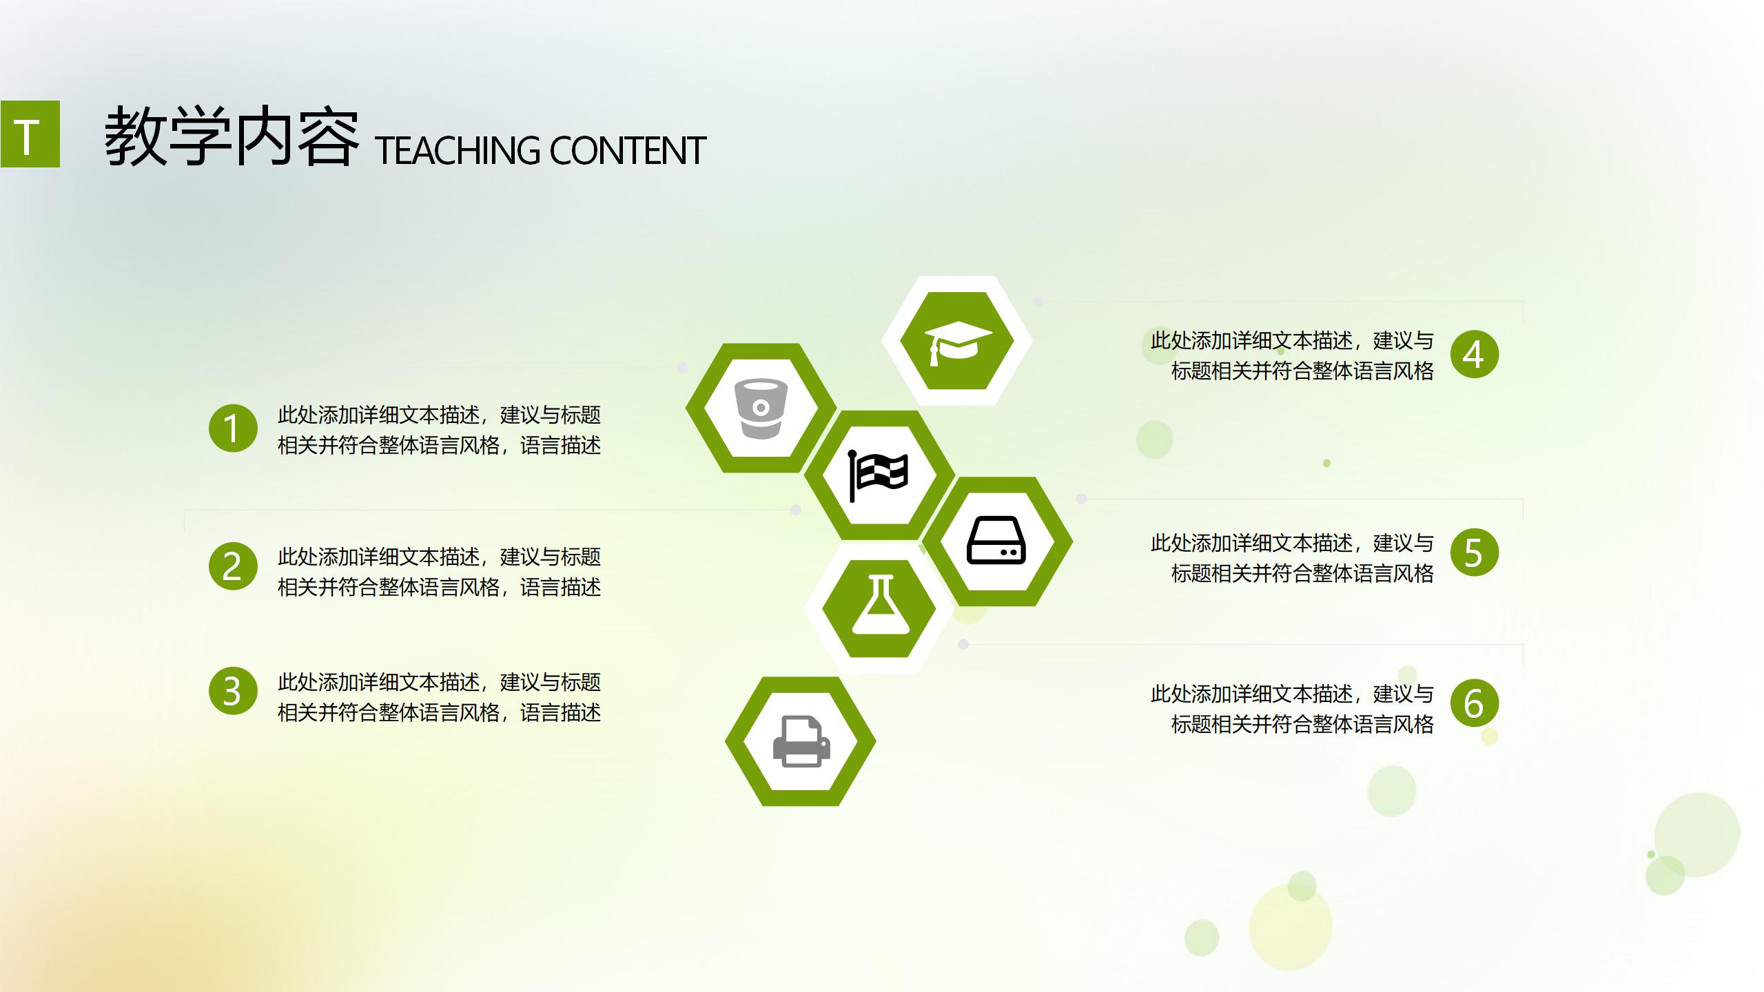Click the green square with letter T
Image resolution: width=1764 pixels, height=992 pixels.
30,134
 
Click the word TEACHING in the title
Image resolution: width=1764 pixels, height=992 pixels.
458,151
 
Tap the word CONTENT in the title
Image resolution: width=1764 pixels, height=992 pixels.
627,151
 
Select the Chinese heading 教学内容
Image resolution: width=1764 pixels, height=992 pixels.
232,136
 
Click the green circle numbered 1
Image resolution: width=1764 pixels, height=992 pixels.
233,428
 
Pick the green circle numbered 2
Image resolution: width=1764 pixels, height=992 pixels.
233,566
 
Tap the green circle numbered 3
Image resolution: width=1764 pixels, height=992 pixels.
233,690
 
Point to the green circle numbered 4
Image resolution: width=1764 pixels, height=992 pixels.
1474,354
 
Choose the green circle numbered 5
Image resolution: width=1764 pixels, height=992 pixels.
1474,552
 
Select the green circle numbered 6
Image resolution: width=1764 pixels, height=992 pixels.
1474,703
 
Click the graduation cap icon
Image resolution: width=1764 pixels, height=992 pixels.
957,342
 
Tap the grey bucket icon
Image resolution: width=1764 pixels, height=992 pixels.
760,409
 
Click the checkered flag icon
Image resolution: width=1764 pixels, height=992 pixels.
879,476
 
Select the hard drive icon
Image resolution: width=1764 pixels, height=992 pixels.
996,541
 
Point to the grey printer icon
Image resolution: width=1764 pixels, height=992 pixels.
801,741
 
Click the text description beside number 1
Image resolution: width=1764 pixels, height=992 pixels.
439,430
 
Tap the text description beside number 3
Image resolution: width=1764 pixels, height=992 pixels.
439,697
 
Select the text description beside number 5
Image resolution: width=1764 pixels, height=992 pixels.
1292,558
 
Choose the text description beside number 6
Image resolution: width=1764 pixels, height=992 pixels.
1292,709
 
